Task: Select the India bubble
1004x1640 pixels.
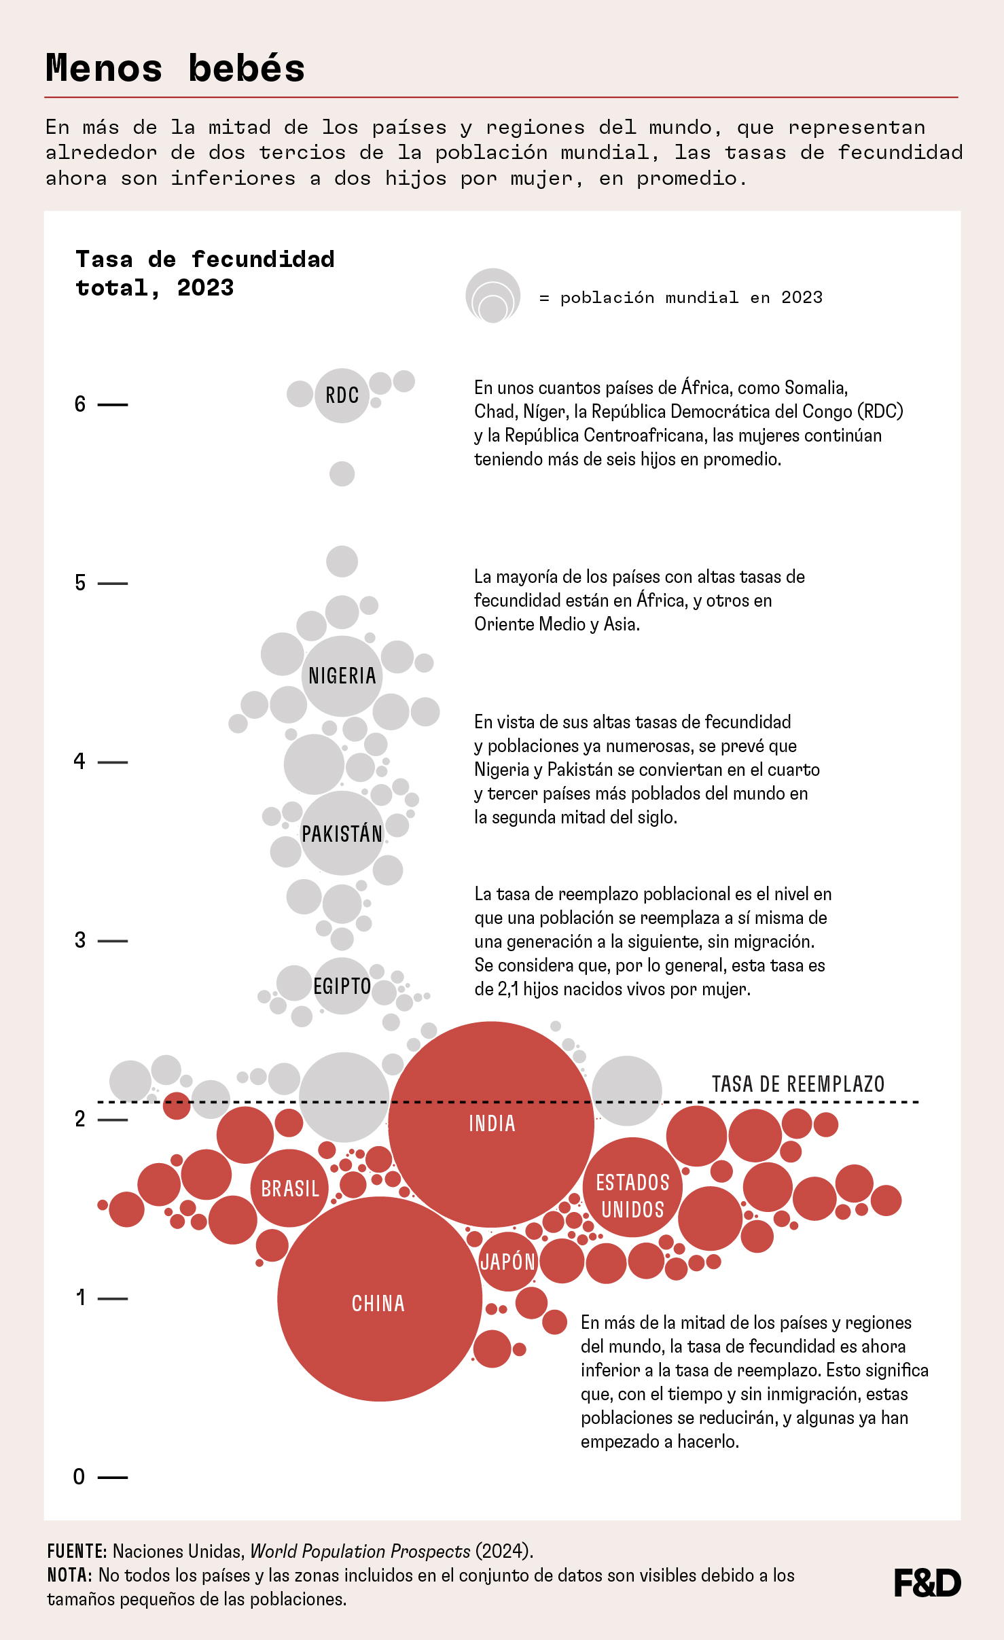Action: pyautogui.click(x=491, y=1124)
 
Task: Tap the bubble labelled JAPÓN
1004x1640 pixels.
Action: pyautogui.click(x=508, y=1262)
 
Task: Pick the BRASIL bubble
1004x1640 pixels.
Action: pyautogui.click(x=290, y=1188)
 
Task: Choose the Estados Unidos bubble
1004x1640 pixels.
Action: pyautogui.click(x=632, y=1196)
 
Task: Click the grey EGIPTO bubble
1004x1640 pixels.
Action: pyautogui.click(x=342, y=986)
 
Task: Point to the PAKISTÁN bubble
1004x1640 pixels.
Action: pyautogui.click(x=342, y=834)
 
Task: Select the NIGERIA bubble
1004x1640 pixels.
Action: pyautogui.click(x=342, y=676)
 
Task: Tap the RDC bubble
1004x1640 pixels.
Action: pyautogui.click(x=342, y=395)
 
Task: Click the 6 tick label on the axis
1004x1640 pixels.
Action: pyautogui.click(x=80, y=404)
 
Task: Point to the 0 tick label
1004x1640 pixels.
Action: pyautogui.click(x=79, y=1476)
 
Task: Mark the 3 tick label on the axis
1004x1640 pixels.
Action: pyautogui.click(x=80, y=940)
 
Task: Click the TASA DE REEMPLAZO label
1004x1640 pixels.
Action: pyautogui.click(x=798, y=1084)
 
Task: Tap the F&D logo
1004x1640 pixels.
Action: pyautogui.click(x=927, y=1583)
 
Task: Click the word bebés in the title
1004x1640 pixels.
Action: pyautogui.click(x=247, y=69)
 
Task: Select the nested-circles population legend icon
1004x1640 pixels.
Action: pyautogui.click(x=493, y=296)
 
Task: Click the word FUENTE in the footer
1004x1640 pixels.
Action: pyautogui.click(x=77, y=1551)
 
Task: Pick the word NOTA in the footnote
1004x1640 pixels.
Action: pyautogui.click(x=69, y=1575)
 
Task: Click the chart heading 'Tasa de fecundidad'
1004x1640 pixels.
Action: pyautogui.click(x=205, y=260)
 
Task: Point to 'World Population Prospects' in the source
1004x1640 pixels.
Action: pyautogui.click(x=360, y=1551)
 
